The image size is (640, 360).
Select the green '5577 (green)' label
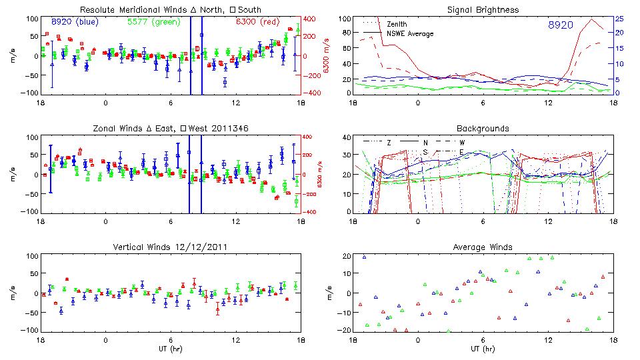click(150, 22)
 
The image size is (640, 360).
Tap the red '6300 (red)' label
click(257, 22)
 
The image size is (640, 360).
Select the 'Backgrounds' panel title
click(483, 128)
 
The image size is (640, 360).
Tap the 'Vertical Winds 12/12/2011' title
click(171, 247)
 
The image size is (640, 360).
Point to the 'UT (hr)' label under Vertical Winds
click(171, 349)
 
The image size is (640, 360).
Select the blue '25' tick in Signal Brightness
click(619, 19)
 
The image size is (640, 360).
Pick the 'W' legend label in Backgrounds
click(462, 143)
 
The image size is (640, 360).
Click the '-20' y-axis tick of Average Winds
click(345, 330)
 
